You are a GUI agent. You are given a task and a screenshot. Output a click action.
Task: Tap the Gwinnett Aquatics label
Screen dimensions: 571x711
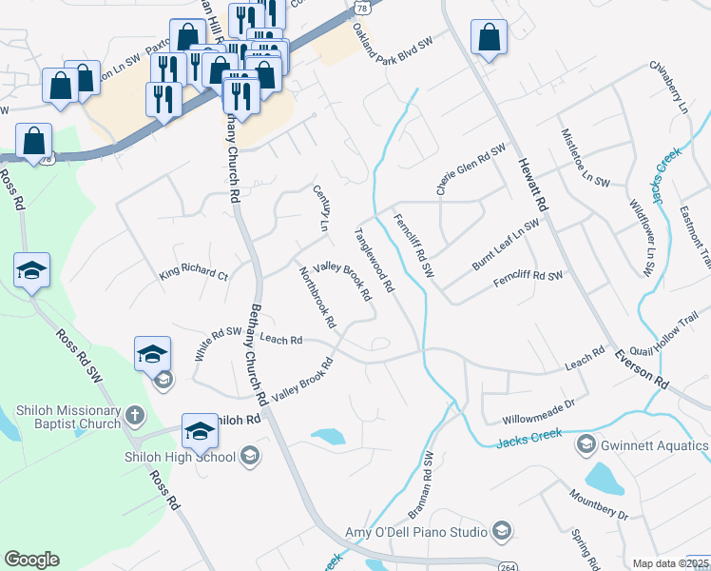click(x=655, y=444)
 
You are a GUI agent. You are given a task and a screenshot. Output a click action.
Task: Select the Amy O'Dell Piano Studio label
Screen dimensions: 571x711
click(x=428, y=531)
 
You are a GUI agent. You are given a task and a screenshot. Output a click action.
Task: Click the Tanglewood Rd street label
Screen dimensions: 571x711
click(x=374, y=258)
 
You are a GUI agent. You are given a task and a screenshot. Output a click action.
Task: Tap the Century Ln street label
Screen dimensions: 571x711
click(x=320, y=207)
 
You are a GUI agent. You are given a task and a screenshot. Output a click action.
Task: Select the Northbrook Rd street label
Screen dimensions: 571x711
click(x=317, y=297)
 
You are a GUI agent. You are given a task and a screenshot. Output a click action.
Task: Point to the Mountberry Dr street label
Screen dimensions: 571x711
click(x=599, y=503)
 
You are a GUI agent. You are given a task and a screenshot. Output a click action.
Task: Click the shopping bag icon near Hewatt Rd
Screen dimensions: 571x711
click(x=489, y=39)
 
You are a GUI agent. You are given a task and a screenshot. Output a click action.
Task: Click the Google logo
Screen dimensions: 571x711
click(x=32, y=560)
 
